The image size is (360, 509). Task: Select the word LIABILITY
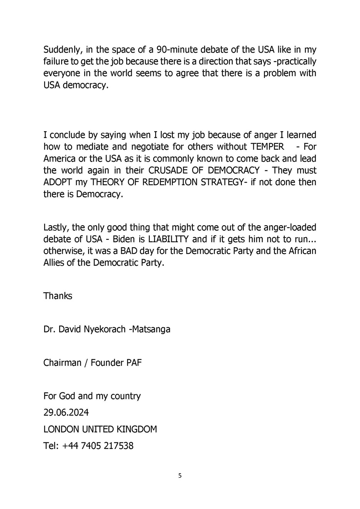168,239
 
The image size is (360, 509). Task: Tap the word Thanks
58,296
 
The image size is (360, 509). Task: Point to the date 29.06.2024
66,413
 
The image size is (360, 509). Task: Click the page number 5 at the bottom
180,476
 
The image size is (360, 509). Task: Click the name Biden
123,239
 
